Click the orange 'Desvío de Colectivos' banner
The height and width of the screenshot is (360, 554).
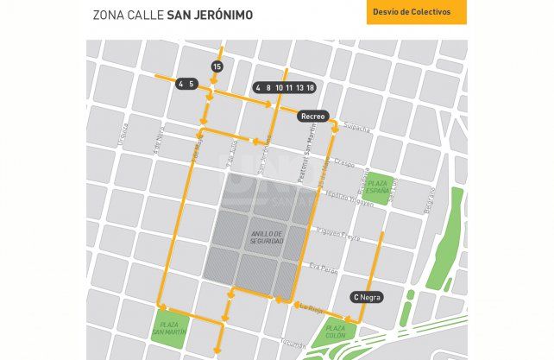pos(416,12)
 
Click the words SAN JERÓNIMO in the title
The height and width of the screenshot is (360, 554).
pos(205,15)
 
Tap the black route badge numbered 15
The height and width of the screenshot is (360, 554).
pos(217,66)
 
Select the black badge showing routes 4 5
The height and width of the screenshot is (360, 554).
pos(186,84)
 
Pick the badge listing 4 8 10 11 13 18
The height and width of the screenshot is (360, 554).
pos(285,87)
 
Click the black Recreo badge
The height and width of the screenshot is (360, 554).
pos(312,115)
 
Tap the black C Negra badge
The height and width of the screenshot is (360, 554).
pos(367,297)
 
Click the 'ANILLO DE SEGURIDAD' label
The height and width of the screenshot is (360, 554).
pos(267,237)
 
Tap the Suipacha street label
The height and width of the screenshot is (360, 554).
pos(357,129)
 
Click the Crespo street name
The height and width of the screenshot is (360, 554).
pos(344,161)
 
